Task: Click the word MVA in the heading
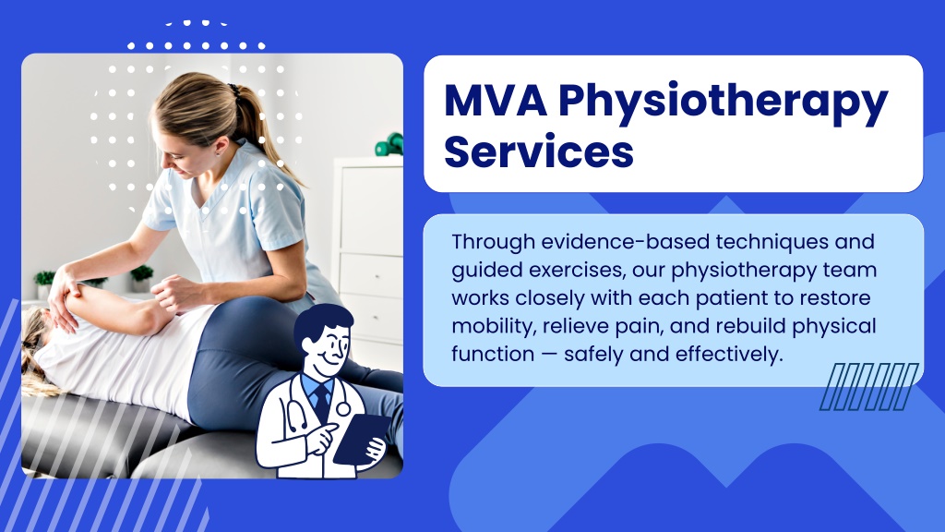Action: [496, 100]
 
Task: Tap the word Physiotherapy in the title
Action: [723, 103]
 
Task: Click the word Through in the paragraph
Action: [493, 243]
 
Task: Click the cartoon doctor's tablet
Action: [361, 438]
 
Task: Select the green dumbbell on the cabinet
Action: [389, 144]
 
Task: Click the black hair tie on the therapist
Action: [233, 91]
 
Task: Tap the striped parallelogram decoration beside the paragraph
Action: [869, 387]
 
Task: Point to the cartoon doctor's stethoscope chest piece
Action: [343, 409]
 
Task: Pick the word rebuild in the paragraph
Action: [749, 326]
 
